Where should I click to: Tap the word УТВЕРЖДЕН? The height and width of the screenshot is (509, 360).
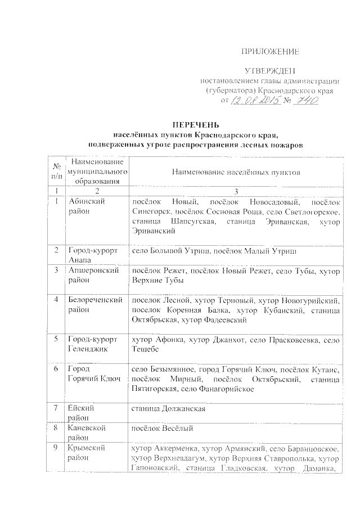click(x=269, y=71)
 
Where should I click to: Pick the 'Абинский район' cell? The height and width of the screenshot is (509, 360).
click(x=86, y=206)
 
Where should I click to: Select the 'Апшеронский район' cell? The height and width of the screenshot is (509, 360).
click(x=93, y=275)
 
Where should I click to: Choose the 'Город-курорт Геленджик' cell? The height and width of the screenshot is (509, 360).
click(x=92, y=344)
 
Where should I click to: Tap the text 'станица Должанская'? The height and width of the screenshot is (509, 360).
click(x=168, y=409)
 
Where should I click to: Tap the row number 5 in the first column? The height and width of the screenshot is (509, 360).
click(x=56, y=340)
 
